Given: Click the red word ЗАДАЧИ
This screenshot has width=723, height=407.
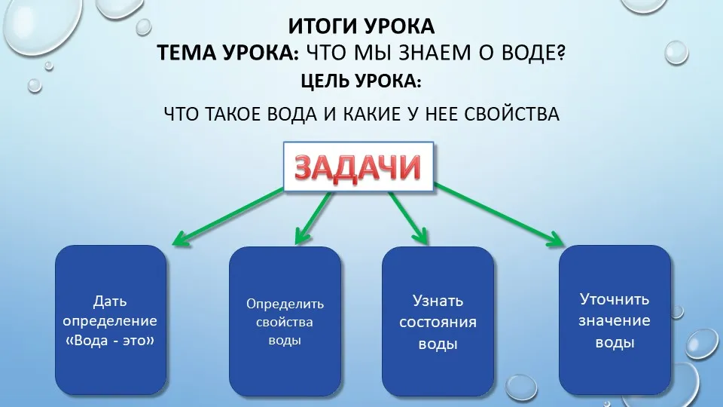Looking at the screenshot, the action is point(358,167).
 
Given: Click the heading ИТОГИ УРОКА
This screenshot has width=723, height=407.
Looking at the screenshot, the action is point(361,26).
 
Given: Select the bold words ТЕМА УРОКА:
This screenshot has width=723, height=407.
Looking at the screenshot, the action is point(228,53).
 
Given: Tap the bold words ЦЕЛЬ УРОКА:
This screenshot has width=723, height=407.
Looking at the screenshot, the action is point(361,81).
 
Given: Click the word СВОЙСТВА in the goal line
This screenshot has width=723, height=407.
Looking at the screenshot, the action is point(512,114).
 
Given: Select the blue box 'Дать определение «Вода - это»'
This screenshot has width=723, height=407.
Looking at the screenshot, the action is point(111,320).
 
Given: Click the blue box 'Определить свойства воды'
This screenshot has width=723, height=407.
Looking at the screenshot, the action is point(285,321).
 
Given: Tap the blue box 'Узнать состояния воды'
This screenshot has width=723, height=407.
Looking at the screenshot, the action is point(438,321).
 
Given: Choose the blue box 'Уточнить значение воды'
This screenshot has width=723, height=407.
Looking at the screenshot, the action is point(615,320).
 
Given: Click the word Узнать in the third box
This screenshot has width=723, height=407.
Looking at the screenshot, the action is point(438,301).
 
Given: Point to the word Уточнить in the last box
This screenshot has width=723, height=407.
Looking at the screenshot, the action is point(615,299).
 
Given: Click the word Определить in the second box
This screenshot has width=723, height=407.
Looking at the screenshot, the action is point(285,304).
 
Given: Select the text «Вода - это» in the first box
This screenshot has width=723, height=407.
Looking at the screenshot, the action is point(110,341).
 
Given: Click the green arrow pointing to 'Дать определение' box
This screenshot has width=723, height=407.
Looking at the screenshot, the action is point(227,216).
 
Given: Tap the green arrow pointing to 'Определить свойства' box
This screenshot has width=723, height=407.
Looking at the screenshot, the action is point(313,218).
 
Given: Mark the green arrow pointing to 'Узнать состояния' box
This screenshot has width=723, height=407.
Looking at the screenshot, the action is point(408,218).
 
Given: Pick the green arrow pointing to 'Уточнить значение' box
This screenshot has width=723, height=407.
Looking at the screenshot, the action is point(499,215).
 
